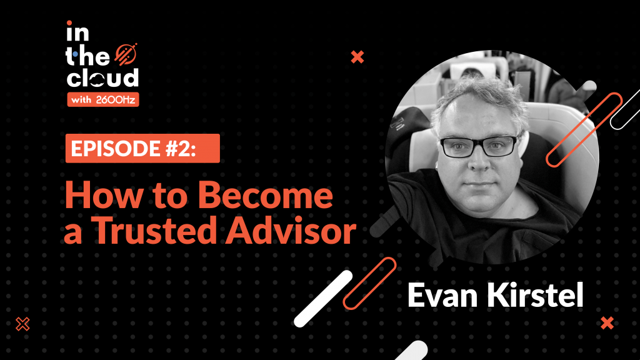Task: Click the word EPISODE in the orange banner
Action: click(x=116, y=148)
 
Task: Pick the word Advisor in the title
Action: click(x=291, y=231)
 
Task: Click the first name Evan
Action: click(x=442, y=295)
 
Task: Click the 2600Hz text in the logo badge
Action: click(x=116, y=100)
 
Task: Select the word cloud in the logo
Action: click(x=102, y=77)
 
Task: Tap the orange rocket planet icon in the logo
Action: click(x=126, y=54)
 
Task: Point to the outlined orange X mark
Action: click(x=23, y=324)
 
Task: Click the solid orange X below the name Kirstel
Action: click(x=607, y=323)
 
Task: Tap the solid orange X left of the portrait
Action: click(x=357, y=57)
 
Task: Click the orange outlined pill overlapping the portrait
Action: click(x=584, y=130)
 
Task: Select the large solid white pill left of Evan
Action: click(x=323, y=298)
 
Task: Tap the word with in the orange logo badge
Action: click(x=81, y=100)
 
